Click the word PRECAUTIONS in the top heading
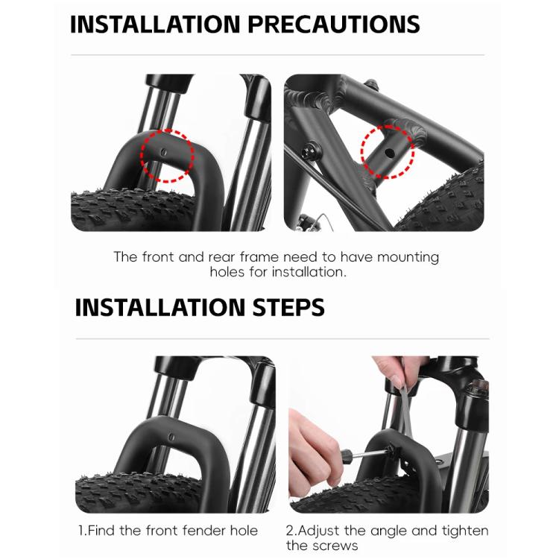pyautogui.click(x=334, y=25)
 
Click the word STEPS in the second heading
pyautogui.click(x=288, y=307)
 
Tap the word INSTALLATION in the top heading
pyautogui.click(x=155, y=25)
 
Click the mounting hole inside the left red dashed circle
pyautogui.click(x=164, y=153)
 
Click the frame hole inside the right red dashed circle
pyautogui.click(x=391, y=154)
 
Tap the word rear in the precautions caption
pyautogui.click(x=222, y=257)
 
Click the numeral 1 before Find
pyautogui.click(x=82, y=531)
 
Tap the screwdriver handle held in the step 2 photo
pyautogui.click(x=347, y=456)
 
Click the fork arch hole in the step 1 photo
pyautogui.click(x=172, y=437)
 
